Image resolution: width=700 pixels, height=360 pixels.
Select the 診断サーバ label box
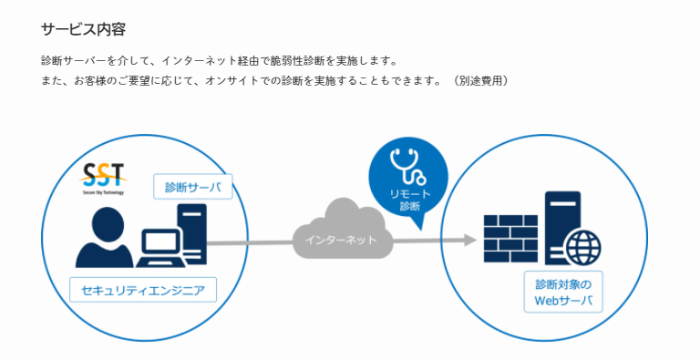point(192,189)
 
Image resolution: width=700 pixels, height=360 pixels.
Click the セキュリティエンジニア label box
point(142,291)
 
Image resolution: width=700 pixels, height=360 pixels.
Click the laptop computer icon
point(160,247)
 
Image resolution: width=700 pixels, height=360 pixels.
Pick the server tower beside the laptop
point(193,234)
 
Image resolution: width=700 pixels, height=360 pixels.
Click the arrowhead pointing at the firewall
point(468,241)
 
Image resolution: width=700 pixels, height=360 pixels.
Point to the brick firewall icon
point(510,239)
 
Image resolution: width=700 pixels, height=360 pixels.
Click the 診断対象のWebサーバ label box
point(563,292)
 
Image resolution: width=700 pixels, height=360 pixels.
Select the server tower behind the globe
point(560,219)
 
